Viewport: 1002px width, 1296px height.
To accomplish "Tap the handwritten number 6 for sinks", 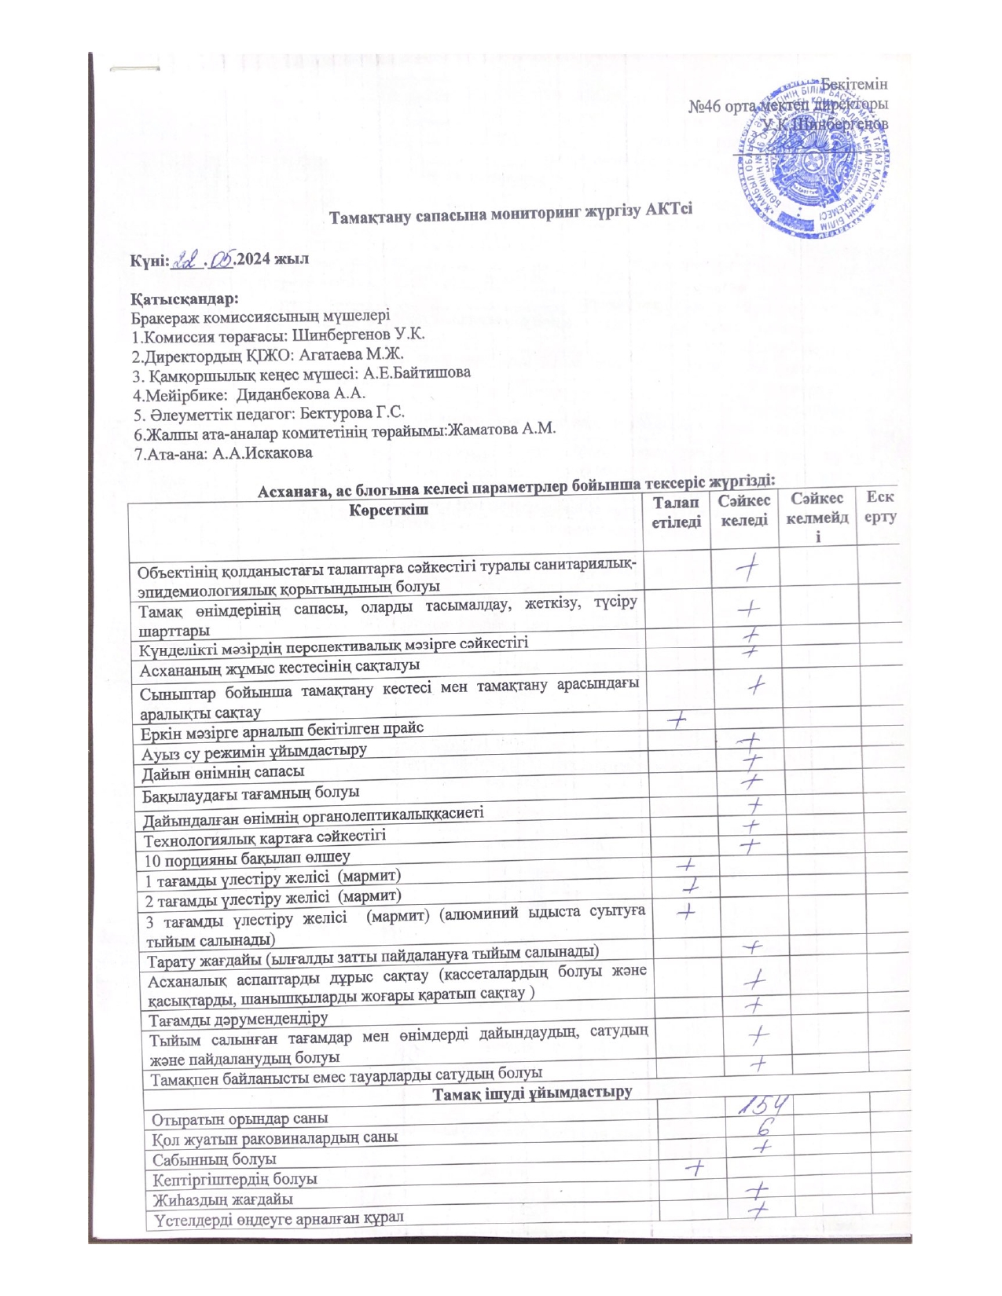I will pos(762,1127).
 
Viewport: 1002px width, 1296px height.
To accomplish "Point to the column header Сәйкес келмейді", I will pos(817,518).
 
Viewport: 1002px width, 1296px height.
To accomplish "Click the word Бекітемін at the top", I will pos(855,84).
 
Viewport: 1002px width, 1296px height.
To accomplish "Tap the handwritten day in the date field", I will pos(188,259).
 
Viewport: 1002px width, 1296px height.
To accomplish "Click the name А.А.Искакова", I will pos(262,453).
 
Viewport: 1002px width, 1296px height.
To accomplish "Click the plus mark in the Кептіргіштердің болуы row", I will pos(693,1168).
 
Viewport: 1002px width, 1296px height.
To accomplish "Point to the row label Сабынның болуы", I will pos(215,1159).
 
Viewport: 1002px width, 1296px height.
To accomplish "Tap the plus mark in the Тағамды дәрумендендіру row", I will pos(756,1005).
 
